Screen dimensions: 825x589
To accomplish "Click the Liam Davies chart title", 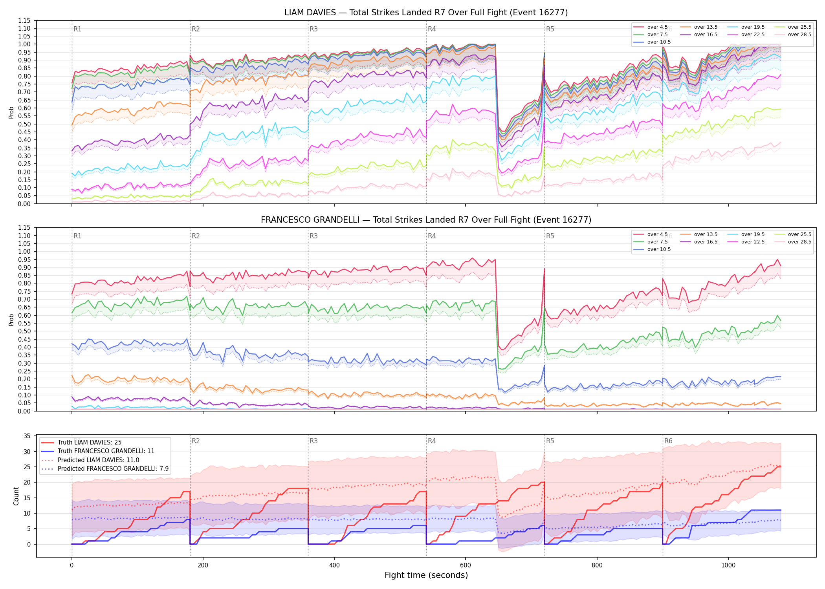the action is click(x=426, y=13).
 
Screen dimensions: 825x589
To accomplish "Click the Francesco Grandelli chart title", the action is click(x=426, y=220).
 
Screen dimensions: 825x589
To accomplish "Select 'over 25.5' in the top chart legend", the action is click(x=799, y=27).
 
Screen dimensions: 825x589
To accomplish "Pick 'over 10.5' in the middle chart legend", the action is click(x=659, y=249).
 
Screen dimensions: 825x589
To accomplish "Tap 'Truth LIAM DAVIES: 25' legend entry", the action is click(x=90, y=442).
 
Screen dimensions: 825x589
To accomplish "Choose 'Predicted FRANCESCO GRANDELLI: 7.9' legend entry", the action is click(x=113, y=469).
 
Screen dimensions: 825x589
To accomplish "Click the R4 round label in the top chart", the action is click(x=432, y=29).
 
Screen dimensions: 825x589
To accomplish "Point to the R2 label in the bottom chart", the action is click(x=196, y=441).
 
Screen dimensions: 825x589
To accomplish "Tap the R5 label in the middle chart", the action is click(x=550, y=236).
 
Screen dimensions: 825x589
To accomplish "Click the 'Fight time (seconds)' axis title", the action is click(x=426, y=575).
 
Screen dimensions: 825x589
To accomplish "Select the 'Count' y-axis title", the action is click(x=16, y=496).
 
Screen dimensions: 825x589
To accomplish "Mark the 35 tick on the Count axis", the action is click(x=27, y=436).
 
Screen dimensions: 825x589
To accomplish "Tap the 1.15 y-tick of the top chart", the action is click(x=24, y=20).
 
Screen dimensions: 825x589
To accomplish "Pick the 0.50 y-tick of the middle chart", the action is click(x=24, y=331).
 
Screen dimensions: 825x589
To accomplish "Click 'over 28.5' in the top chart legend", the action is click(x=799, y=35).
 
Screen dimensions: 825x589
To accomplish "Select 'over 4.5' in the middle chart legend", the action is click(x=657, y=234).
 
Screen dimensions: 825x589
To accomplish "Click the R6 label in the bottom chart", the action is click(x=668, y=441).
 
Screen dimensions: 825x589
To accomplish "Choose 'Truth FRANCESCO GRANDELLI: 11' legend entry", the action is click(x=106, y=451).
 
